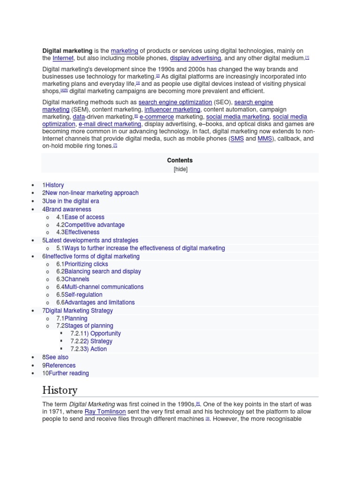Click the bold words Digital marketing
pos(67,51)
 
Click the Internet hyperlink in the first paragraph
pos(63,58)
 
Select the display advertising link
pos(195,58)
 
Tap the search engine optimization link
pos(175,102)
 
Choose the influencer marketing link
pos(172,110)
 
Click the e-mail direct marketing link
pos(110,124)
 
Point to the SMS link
pos(237,139)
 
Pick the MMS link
pos(264,139)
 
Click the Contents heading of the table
pos(180,160)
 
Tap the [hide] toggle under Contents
pos(180,169)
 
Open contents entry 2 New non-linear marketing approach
pos(90,193)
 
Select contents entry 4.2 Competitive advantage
pos(90,225)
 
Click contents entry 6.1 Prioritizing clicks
pos(82,264)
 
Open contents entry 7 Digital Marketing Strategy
pos(77,310)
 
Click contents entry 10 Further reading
pos(66,373)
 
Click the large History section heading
pos(60,390)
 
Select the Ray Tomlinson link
pos(104,412)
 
